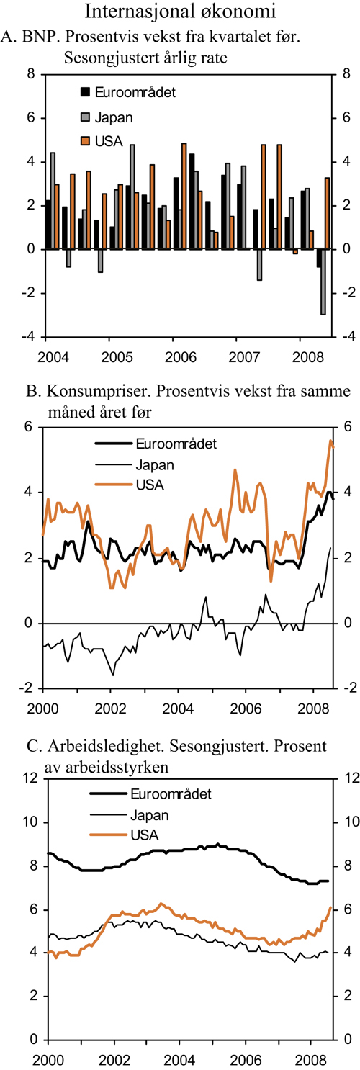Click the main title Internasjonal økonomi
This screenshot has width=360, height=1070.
(x=180, y=12)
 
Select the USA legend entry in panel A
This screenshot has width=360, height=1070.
(x=112, y=140)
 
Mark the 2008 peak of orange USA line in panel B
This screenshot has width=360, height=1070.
(x=330, y=440)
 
